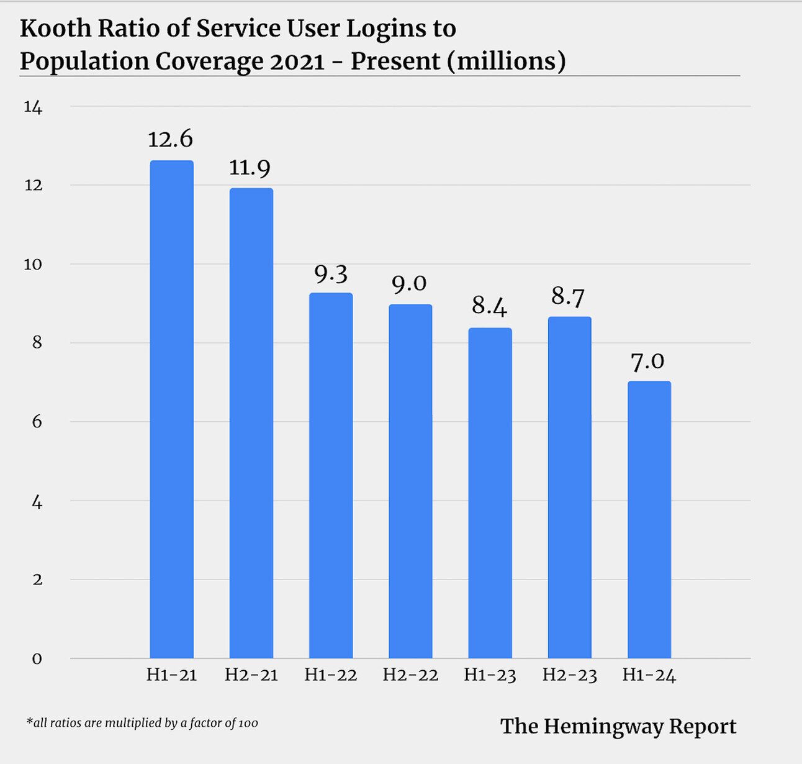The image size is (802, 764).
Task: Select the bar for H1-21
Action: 171,410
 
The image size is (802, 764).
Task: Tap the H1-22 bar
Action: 331,476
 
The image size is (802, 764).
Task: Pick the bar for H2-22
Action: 410,481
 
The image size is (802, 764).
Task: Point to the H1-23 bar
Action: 490,493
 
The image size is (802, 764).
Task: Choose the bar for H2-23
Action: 569,488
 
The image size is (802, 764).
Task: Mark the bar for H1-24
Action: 649,520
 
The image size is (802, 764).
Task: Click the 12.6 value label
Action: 170,139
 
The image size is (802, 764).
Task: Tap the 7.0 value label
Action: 647,361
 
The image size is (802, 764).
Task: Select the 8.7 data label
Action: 568,297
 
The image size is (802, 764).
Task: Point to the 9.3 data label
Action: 330,273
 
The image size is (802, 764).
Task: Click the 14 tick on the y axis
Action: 33,107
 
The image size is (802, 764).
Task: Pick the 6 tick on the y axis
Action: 37,422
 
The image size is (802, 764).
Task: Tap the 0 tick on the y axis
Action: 37,659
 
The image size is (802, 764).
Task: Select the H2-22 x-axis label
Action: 410,675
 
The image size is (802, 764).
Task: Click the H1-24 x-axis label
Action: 649,675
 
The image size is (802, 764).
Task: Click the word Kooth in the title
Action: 55,29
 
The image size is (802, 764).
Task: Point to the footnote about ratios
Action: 142,723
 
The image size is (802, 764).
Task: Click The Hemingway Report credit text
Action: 618,726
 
